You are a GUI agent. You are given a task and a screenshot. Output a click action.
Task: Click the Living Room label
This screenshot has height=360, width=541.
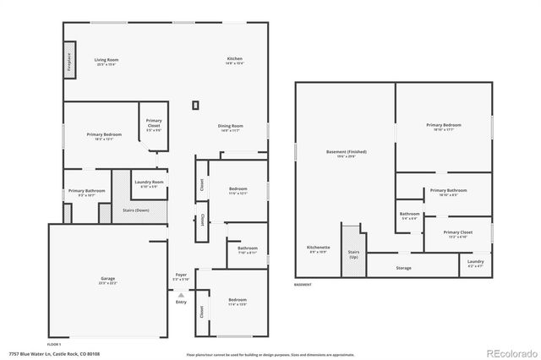tap(106, 60)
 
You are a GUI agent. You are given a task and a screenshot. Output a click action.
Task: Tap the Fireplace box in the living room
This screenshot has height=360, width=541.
tap(68, 64)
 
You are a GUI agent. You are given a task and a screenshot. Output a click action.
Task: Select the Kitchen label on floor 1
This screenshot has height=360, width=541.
tap(234, 59)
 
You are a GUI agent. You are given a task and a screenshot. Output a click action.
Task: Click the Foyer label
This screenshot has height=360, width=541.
tap(181, 275)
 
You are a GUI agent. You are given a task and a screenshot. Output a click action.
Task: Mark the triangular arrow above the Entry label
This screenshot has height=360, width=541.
tap(180, 293)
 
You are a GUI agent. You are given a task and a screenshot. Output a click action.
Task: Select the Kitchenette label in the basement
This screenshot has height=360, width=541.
tap(319, 248)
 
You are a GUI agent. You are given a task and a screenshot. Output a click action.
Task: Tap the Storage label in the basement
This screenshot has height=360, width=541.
tap(403, 268)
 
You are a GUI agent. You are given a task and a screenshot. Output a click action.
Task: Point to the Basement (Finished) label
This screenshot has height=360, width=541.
tap(346, 153)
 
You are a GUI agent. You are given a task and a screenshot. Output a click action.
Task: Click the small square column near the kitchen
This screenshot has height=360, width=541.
tap(196, 105)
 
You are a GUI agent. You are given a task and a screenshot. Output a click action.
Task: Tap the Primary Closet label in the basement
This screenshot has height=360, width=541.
tap(457, 232)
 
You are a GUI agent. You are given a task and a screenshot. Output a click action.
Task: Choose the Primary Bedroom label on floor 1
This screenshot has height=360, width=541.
tap(104, 134)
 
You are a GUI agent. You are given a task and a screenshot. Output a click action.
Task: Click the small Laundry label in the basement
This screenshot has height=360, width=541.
tap(476, 262)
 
